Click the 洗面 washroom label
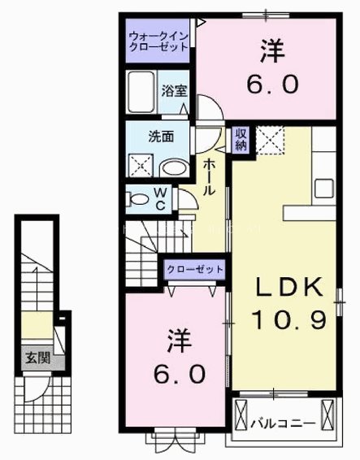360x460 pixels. click(x=158, y=138)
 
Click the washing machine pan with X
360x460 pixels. click(x=140, y=165)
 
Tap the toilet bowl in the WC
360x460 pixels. click(x=137, y=197)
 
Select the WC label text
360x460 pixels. click(x=161, y=198)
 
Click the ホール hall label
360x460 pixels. click(x=209, y=175)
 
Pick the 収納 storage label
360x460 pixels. click(x=241, y=141)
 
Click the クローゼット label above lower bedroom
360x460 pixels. click(x=195, y=269)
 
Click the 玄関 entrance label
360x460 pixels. click(x=33, y=357)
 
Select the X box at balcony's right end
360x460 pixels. click(x=327, y=419)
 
